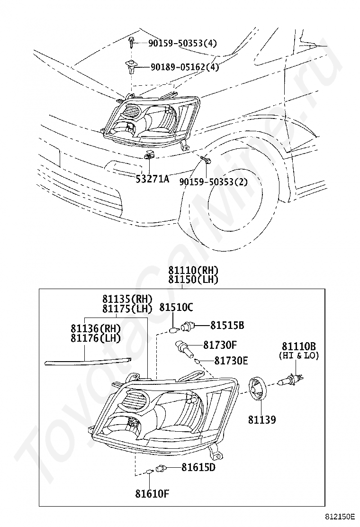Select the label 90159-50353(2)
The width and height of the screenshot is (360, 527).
[x=213, y=182]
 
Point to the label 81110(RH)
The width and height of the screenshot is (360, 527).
[x=193, y=271]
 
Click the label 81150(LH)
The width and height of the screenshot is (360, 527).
[x=193, y=280]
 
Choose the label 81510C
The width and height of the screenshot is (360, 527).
[x=176, y=307]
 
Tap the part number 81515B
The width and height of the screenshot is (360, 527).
[x=227, y=326]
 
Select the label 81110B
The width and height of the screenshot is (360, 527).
[x=299, y=346]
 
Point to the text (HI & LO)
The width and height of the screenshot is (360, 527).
[x=299, y=355]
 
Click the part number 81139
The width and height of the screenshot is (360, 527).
[x=261, y=419]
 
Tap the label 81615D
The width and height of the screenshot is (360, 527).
[x=198, y=467]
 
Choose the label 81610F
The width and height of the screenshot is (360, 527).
[x=152, y=494]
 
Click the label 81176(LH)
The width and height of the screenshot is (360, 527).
[x=95, y=338]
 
